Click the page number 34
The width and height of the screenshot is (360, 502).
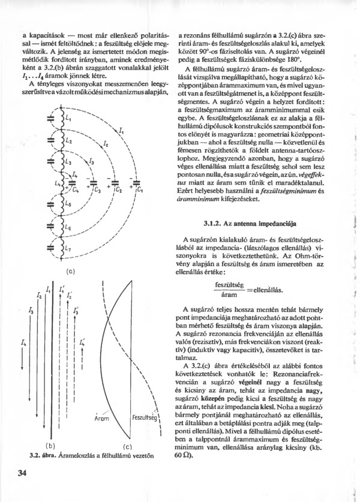[23, 475]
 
